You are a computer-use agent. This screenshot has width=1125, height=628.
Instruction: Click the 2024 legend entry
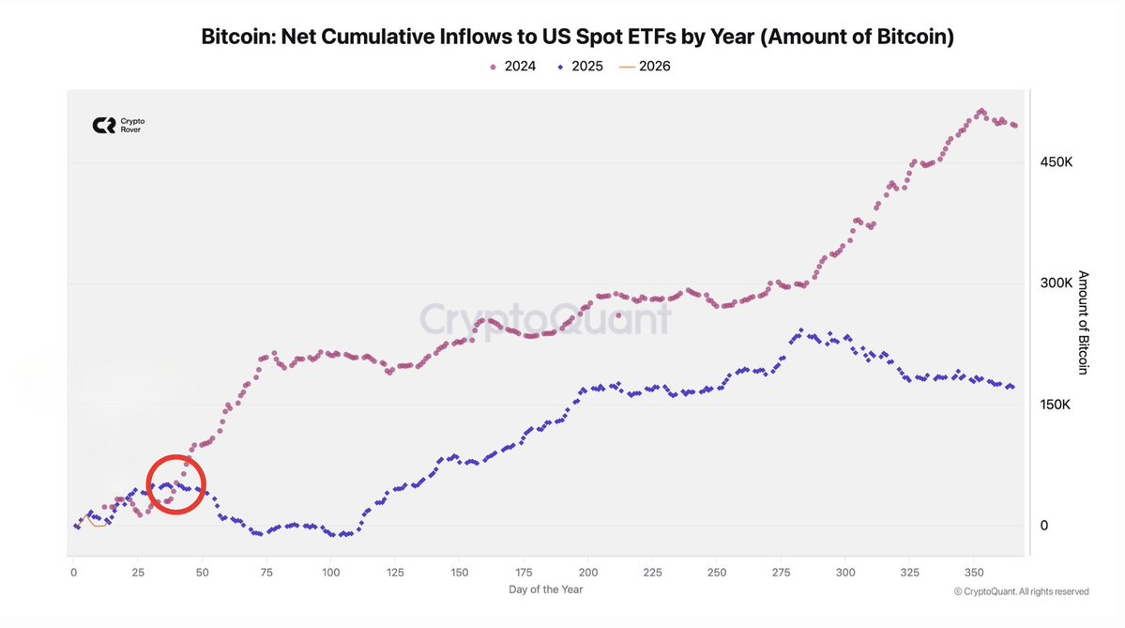coord(513,67)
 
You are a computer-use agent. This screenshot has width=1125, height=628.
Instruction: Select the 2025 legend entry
coord(580,67)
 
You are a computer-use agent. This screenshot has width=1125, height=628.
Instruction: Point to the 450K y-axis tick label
coord(1057,161)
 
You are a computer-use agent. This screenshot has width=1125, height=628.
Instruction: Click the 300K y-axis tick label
coord(1057,283)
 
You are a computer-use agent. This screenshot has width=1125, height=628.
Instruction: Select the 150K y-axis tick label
coord(1057,405)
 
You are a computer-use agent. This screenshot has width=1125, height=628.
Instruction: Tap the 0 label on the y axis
coord(1043,526)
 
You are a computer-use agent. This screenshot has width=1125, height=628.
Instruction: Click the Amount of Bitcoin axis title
coord(1083,323)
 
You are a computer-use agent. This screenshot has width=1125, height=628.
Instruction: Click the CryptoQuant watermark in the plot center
coord(545,319)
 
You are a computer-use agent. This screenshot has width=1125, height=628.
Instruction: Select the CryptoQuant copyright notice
coord(1021,591)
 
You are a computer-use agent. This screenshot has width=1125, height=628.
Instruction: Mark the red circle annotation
coord(176,483)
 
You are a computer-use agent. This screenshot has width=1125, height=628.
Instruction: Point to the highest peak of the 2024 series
coord(981,111)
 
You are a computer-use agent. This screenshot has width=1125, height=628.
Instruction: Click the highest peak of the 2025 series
coord(800,330)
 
